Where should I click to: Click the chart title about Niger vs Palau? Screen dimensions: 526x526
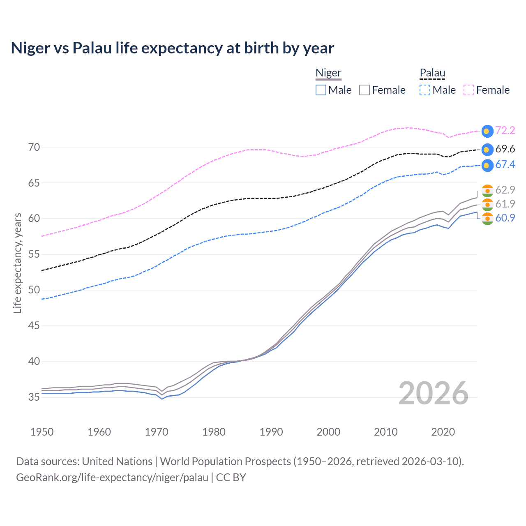point(172,48)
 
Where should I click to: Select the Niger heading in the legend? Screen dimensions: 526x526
point(328,73)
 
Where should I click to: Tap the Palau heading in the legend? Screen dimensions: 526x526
point(432,73)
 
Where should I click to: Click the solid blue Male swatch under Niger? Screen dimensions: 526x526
point(321,90)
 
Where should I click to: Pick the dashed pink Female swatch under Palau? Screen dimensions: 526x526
point(469,90)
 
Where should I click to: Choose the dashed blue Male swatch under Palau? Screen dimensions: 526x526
point(425,90)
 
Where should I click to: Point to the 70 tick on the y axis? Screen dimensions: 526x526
point(34,147)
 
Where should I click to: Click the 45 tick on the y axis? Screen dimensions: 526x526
point(34,325)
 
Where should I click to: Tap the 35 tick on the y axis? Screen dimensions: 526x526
point(34,397)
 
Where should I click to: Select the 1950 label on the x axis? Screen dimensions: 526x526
point(42,432)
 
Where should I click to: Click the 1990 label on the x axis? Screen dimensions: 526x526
point(271,432)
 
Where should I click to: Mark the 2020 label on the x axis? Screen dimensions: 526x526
point(443,432)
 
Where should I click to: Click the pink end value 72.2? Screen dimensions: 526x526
point(505,131)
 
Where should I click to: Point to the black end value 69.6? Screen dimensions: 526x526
point(505,149)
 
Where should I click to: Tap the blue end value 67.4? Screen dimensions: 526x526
point(505,165)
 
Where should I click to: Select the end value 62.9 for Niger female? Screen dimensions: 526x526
point(505,190)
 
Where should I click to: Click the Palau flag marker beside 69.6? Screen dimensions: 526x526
point(487,150)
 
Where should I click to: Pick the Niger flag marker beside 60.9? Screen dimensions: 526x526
point(487,219)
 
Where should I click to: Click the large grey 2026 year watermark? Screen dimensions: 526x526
point(434,393)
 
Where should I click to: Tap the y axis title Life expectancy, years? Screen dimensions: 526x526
point(17,263)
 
